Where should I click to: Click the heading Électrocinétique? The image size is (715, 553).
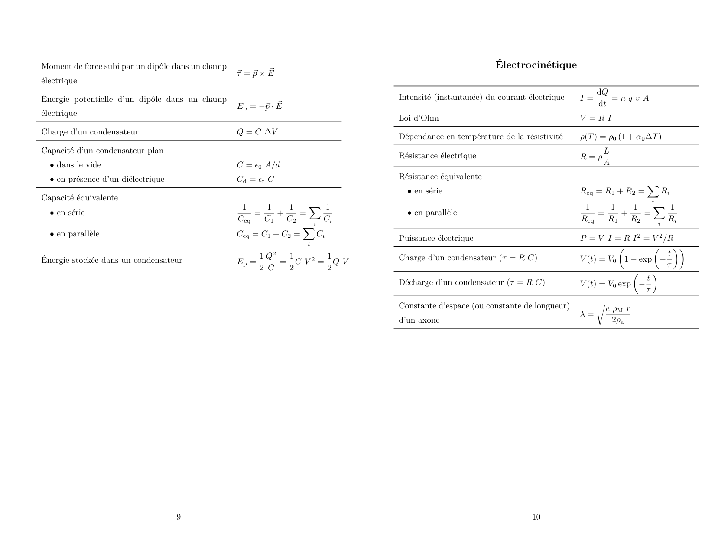tap(536, 65)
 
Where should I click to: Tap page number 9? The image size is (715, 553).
tap(179, 517)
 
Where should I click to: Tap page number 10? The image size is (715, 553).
tap(536, 517)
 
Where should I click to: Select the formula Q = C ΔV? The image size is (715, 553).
tap(257, 132)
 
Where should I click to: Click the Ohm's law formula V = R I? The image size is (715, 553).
tap(596, 118)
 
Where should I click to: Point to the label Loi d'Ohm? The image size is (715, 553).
tap(419, 118)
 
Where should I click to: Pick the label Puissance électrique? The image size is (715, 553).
tap(436, 238)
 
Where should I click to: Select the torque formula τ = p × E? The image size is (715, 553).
tap(256, 73)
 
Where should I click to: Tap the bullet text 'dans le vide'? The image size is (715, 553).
tap(79, 165)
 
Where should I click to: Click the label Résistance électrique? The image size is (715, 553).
tap(437, 156)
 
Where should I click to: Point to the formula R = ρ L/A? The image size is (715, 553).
tap(595, 156)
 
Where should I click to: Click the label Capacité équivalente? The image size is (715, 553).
tap(79, 198)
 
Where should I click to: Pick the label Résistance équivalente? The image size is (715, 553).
tap(440, 177)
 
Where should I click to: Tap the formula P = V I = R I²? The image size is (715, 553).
tap(627, 238)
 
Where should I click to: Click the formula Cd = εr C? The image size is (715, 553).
tap(255, 179)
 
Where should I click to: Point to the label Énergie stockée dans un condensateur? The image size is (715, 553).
tap(111, 260)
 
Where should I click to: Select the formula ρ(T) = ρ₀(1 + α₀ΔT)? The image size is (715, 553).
tap(621, 137)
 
